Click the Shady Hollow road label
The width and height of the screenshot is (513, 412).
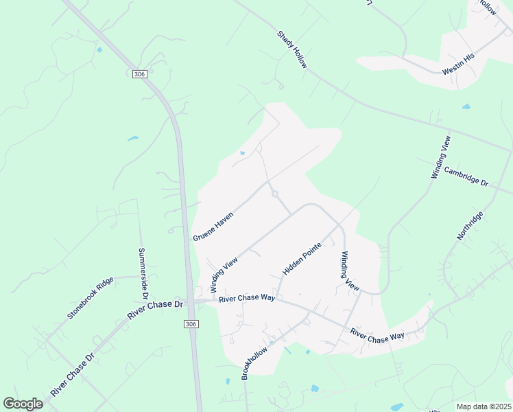pos(293,49)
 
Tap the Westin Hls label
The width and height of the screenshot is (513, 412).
pos(459,65)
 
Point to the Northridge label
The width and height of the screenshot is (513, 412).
pos(470,226)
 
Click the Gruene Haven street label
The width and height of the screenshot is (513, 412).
pos(213,226)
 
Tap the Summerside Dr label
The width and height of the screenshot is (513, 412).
pos(143,274)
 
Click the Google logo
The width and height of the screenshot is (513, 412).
pos(23,404)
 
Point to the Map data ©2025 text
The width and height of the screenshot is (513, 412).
pos(484,407)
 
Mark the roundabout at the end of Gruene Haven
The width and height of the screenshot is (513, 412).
pos(275,194)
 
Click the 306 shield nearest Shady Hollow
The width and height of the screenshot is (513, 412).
pos(140,73)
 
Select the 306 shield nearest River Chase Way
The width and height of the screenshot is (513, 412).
pos(191,323)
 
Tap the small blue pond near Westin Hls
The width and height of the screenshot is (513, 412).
pos(466,107)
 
